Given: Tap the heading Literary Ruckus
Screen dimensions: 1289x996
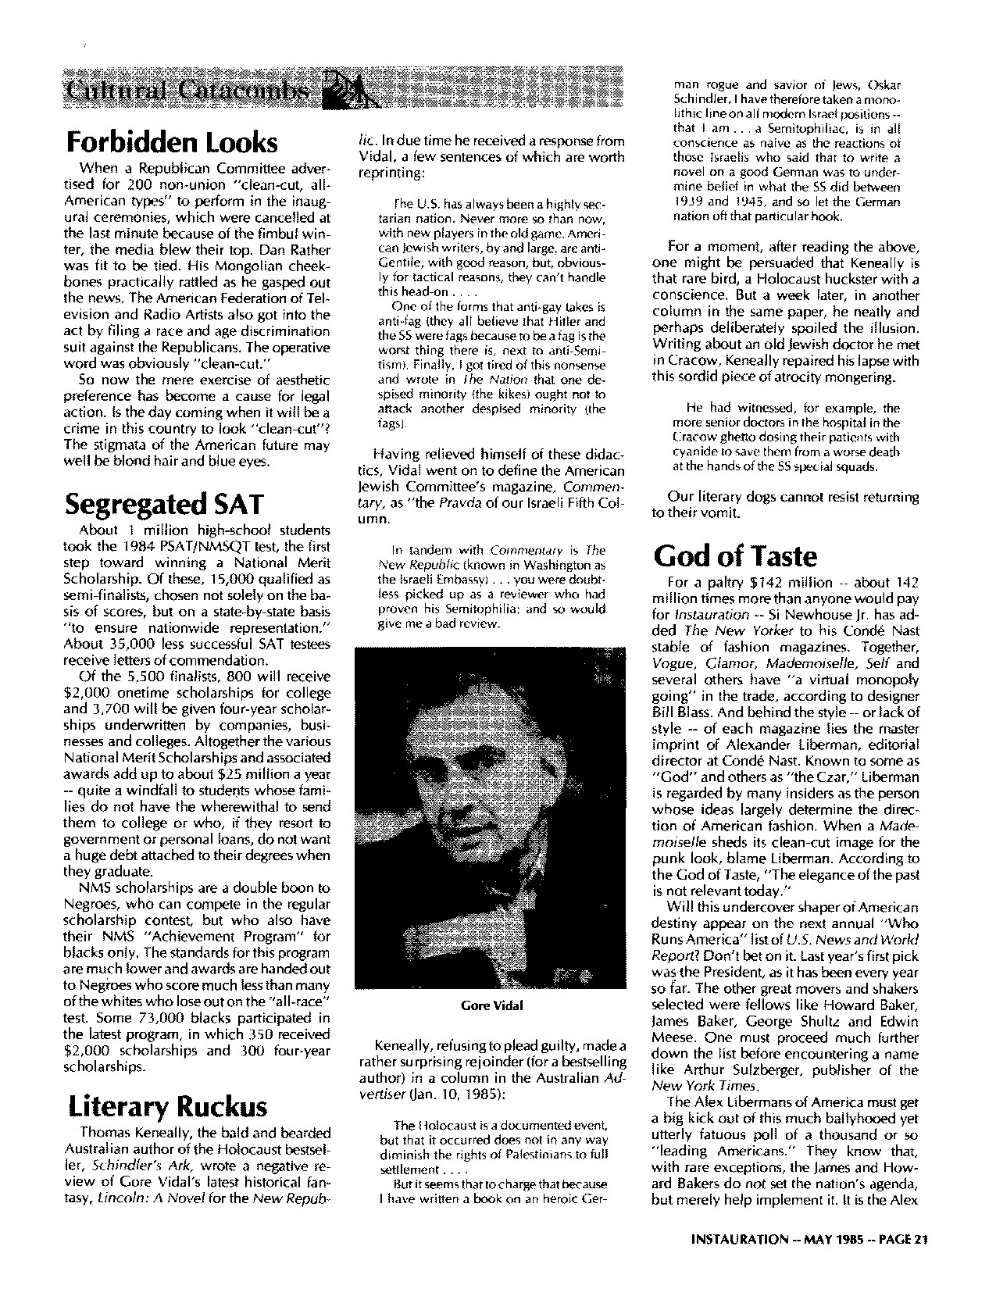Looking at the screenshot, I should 168,1106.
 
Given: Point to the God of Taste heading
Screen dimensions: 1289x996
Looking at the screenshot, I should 735,555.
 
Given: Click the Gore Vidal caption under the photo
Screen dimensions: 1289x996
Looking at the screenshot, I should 491,1005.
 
